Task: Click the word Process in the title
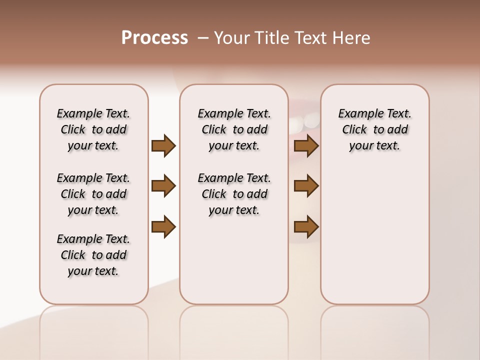point(154,38)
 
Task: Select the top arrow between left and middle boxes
point(163,145)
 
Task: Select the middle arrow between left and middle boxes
point(163,186)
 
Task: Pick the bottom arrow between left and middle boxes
point(163,226)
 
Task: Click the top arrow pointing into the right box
point(306,145)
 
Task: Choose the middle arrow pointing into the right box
point(306,186)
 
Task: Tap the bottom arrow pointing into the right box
point(306,226)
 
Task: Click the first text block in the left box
point(93,129)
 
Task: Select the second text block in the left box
point(93,194)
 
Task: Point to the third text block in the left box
point(93,255)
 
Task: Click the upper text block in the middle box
point(234,129)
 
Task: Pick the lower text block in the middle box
point(234,194)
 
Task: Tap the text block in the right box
point(374,129)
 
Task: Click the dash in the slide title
point(203,38)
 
